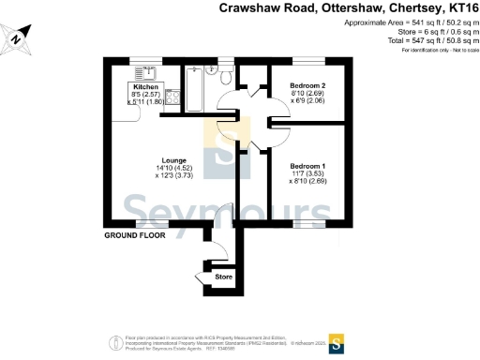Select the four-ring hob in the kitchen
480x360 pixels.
click(173, 95)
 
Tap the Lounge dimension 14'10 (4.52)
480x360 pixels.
click(172, 168)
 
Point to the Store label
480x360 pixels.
click(223, 277)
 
